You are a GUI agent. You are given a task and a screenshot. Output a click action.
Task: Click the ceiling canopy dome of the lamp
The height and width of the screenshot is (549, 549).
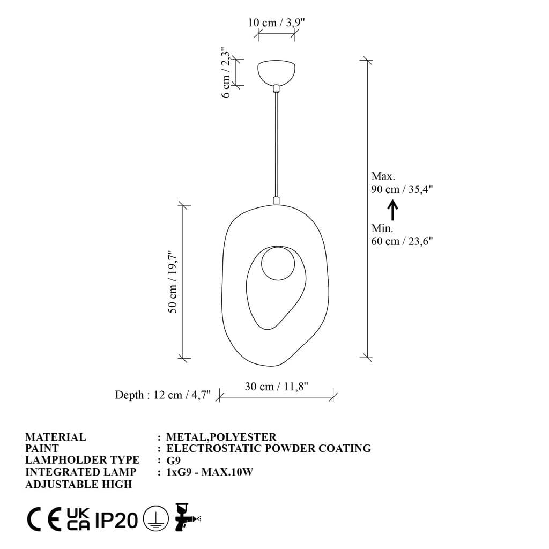point(276,72)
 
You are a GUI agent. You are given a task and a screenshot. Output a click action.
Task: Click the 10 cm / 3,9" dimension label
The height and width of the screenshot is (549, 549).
point(276,23)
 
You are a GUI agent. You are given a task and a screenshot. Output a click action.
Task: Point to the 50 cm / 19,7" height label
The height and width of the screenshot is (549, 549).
point(173,282)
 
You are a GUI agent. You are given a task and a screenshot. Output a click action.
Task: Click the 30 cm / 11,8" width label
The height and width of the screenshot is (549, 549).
point(276,387)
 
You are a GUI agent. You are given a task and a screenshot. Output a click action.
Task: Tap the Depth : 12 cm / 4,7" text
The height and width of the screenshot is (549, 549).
point(163,395)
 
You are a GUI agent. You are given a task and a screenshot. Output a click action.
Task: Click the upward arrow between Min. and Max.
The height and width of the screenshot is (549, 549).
point(392,210)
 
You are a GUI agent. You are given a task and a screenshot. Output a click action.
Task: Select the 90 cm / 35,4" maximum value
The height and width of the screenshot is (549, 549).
point(402,189)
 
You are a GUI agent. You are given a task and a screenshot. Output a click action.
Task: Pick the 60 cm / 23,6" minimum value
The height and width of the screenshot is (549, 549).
point(402,241)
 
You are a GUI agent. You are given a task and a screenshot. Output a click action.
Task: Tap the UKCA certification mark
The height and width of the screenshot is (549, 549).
point(78,519)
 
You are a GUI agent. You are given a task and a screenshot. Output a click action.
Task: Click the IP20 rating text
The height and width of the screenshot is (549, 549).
point(116,520)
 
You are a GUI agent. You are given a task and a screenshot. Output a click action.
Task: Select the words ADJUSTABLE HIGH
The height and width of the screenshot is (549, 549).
point(78,484)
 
